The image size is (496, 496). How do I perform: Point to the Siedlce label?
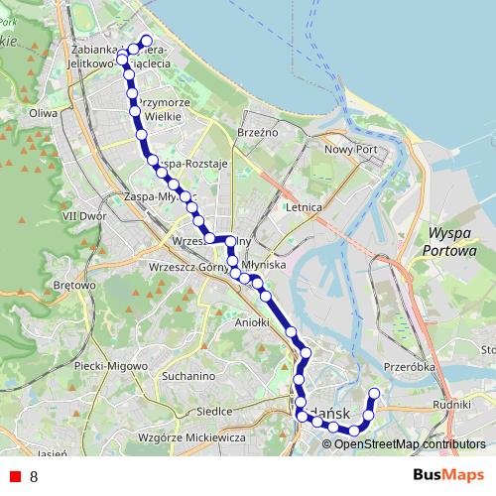(x=214, y=410)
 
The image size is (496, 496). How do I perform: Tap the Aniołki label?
(x=252, y=322)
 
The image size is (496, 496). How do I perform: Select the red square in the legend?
(x=15, y=476)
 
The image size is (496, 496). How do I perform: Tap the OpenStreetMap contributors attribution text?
(x=410, y=443)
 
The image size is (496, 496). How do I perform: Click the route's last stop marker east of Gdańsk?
(x=374, y=394)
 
